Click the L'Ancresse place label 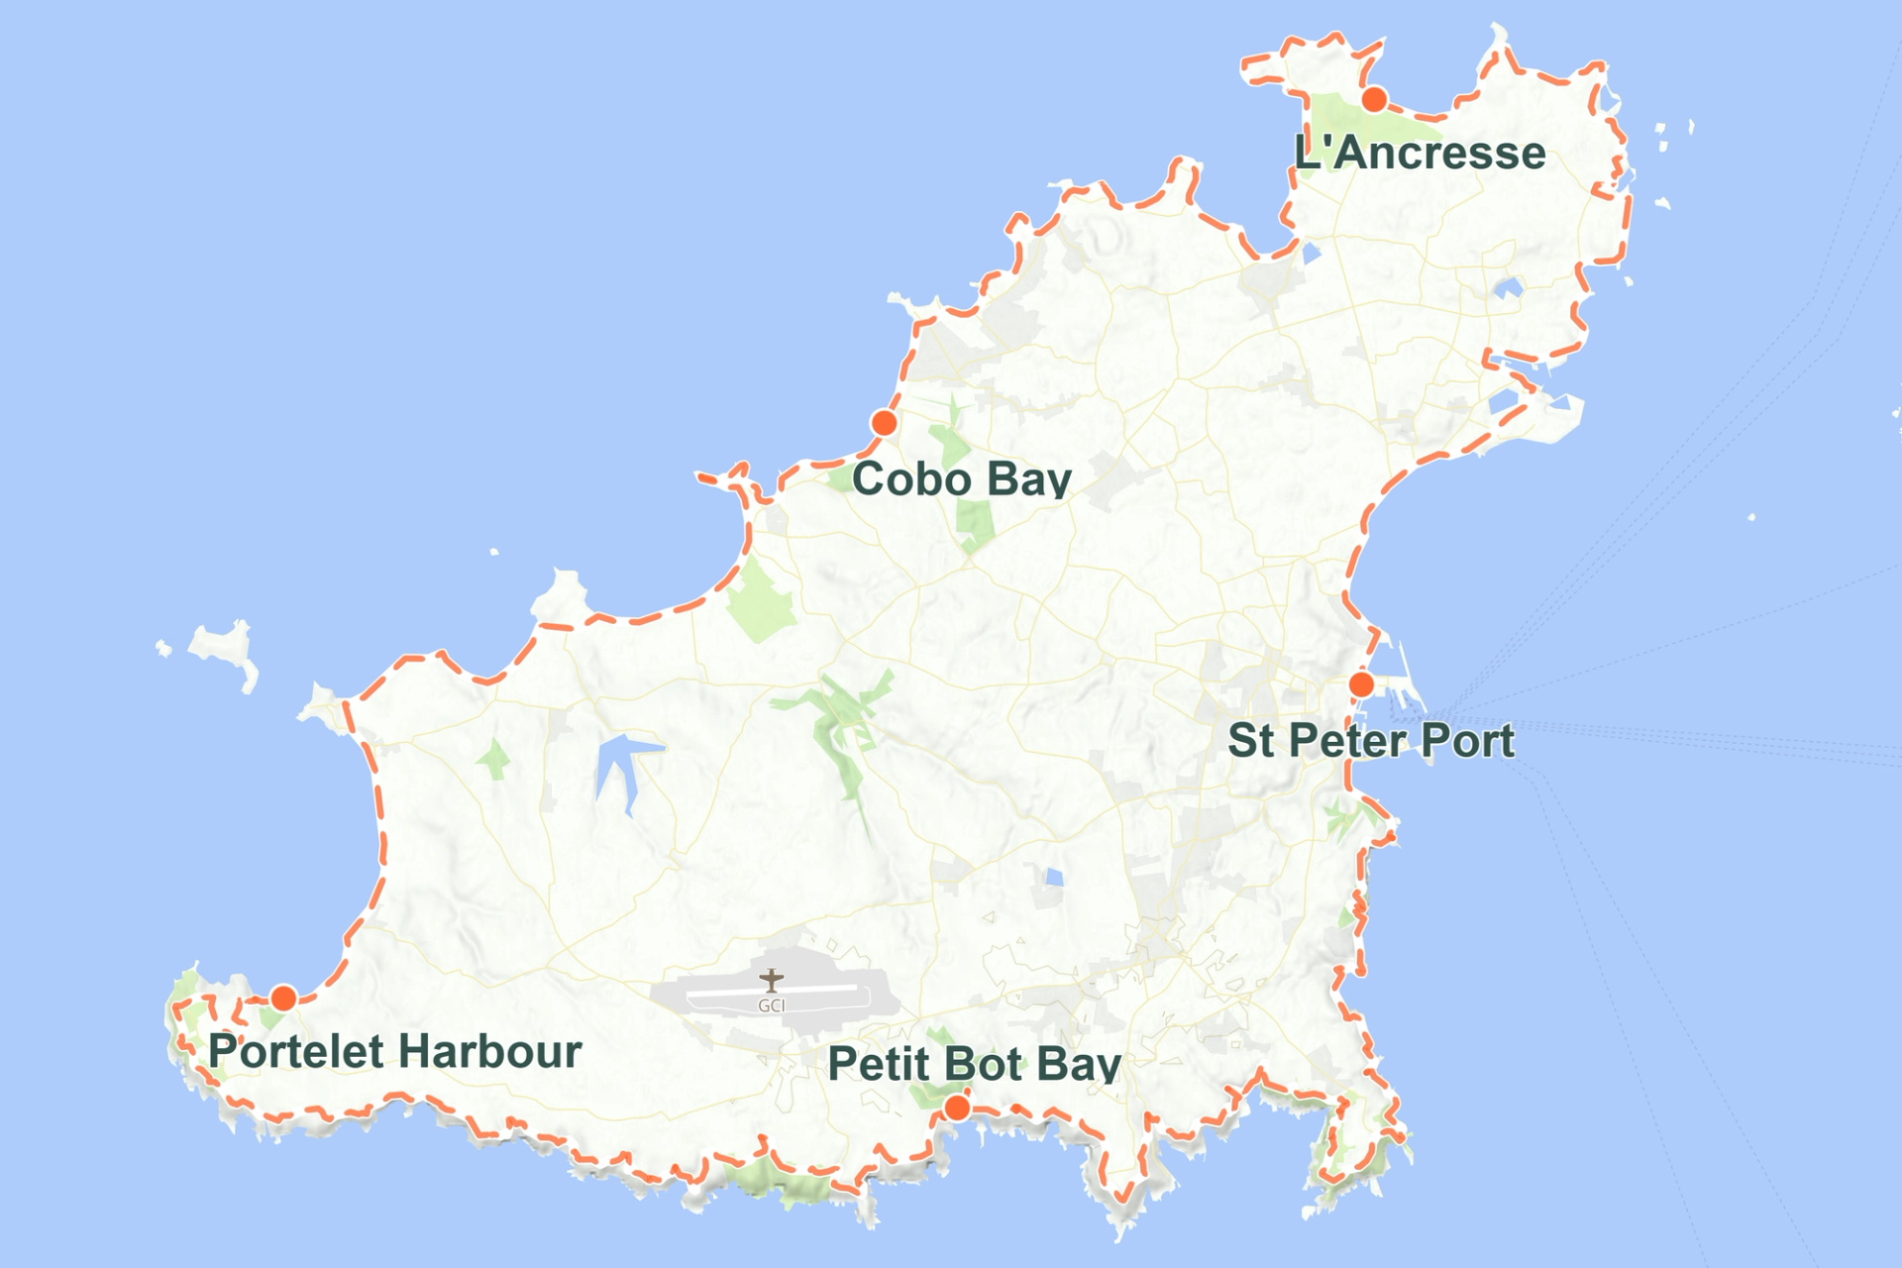(x=1420, y=154)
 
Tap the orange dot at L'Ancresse (x=1374, y=99)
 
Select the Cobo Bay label (x=961, y=479)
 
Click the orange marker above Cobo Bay (x=884, y=424)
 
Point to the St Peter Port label (x=1371, y=741)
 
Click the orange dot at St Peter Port (x=1361, y=685)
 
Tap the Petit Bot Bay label (x=975, y=1064)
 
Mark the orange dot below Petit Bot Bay (x=956, y=1108)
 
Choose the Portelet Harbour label (x=394, y=1051)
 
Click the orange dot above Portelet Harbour (x=283, y=998)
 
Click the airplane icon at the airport (x=772, y=981)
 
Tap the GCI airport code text (x=772, y=1005)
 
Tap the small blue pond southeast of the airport (x=1054, y=878)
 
